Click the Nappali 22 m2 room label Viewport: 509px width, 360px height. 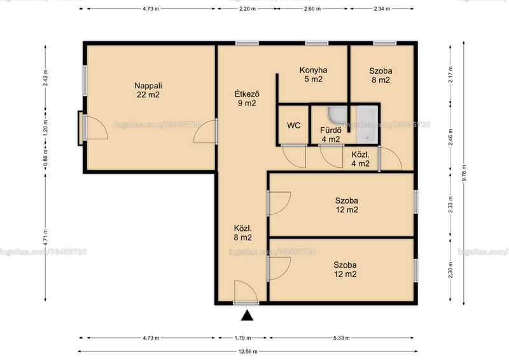pos(148,90)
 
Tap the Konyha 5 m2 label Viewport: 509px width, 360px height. pos(313,74)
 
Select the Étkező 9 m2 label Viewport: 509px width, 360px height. pos(247,99)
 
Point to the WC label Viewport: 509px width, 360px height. pos(294,125)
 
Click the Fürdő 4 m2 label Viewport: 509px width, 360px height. pos(331,135)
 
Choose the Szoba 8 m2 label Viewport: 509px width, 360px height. pos(380,75)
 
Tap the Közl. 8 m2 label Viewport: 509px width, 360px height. pos(243,233)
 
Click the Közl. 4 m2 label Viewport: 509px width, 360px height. pos(360,159)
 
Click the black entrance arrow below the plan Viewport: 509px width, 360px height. pos(247,315)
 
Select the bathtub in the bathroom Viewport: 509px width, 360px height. pos(368,125)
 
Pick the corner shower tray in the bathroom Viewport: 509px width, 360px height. pos(338,116)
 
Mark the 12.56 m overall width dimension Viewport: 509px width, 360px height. pos(248,351)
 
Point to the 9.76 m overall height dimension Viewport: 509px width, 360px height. pos(464,173)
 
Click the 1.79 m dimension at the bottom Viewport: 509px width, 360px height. pos(243,338)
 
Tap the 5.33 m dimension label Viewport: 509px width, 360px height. pos(342,338)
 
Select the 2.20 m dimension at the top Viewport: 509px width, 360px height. pos(248,9)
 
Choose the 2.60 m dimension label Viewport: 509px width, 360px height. pos(312,9)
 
